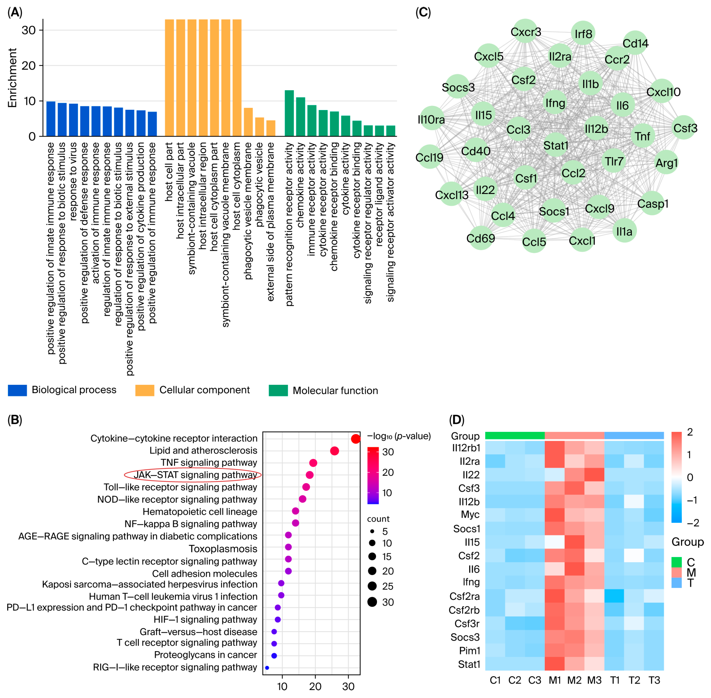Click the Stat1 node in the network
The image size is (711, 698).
click(x=556, y=146)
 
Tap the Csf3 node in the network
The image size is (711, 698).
click(x=685, y=128)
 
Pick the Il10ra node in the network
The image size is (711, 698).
click(x=432, y=119)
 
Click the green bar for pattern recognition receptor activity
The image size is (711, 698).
click(x=289, y=113)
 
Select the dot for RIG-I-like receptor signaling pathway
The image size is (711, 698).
click(x=267, y=668)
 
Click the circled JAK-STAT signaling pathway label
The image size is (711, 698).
click(x=195, y=475)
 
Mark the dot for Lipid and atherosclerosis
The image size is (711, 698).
click(x=334, y=451)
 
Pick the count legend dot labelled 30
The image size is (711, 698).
click(x=372, y=602)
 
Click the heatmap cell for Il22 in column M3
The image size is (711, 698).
click(x=594, y=475)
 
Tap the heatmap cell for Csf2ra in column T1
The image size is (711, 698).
click(x=614, y=596)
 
